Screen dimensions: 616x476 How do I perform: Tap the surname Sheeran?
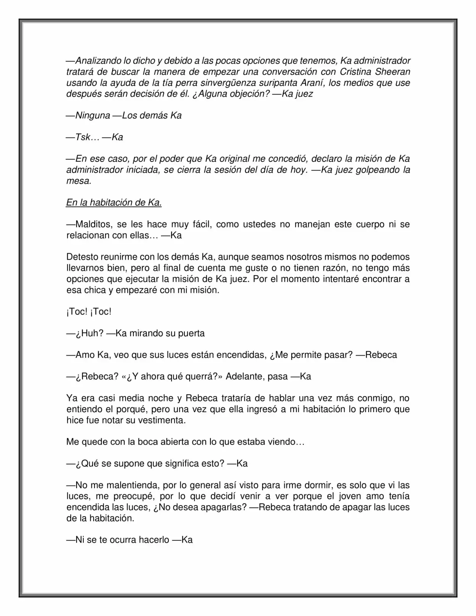[x=394, y=71]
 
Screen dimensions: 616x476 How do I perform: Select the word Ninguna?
[x=93, y=115]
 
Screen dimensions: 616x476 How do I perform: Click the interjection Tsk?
[x=83, y=137]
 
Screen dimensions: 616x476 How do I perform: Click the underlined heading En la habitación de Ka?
[x=114, y=203]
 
